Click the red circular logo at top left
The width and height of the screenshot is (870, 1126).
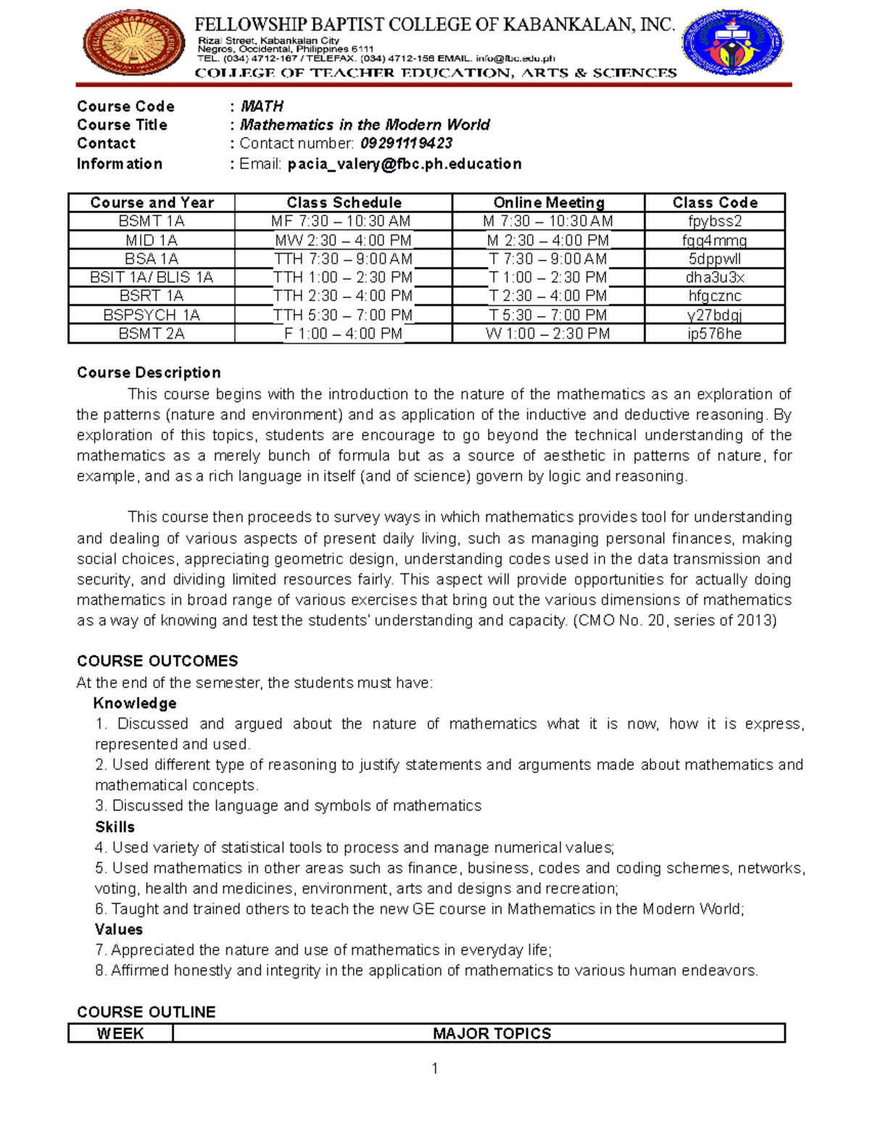tap(133, 43)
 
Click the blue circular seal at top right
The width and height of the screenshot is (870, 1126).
tap(732, 43)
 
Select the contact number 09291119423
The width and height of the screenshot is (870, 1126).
tap(406, 144)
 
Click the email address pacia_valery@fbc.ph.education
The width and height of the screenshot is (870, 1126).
tap(404, 164)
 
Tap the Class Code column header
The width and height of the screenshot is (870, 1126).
tap(714, 203)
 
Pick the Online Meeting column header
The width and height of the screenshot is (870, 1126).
tap(548, 203)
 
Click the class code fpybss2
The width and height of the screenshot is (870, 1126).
tap(714, 222)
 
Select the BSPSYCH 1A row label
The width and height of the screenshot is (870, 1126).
tap(152, 315)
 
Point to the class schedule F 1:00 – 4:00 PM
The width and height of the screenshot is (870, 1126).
tap(343, 334)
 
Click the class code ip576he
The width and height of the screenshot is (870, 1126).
tap(714, 334)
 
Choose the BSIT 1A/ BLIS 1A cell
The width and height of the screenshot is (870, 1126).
tap(152, 278)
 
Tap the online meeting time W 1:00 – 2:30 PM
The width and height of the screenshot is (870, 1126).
tap(547, 334)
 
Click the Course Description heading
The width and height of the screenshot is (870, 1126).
tap(149, 373)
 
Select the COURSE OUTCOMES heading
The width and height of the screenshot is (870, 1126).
tap(157, 661)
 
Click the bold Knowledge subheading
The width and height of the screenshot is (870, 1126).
tap(135, 703)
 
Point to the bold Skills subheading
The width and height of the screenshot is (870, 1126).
tap(115, 827)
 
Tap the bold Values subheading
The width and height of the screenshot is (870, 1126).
tap(118, 930)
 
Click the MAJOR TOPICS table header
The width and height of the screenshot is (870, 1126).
tap(492, 1034)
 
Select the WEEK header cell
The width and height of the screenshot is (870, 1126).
tap(120, 1034)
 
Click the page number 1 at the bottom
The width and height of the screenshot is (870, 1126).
tap(434, 1068)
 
